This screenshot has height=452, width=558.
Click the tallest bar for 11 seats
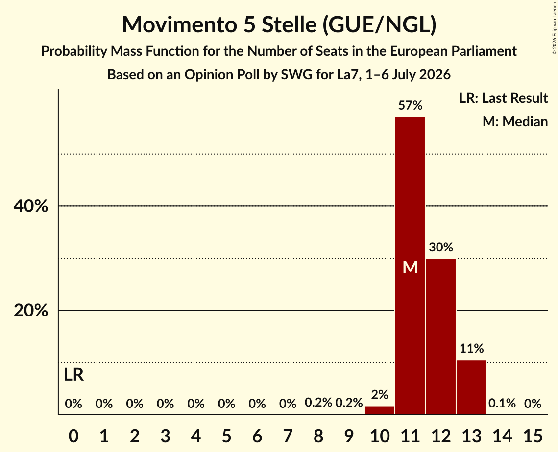[410, 266]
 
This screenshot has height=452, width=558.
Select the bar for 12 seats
[440, 337]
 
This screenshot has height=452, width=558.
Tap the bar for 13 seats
[471, 387]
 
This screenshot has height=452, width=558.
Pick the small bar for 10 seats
[379, 410]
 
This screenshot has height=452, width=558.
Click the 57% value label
[411, 105]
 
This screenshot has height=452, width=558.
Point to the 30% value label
[441, 247]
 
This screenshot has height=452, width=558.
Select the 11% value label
[471, 349]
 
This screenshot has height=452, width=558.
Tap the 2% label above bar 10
[380, 394]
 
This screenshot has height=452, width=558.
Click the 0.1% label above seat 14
[502, 403]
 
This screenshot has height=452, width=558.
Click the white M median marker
[411, 267]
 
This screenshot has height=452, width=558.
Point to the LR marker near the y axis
[73, 375]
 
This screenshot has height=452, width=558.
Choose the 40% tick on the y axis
[31, 206]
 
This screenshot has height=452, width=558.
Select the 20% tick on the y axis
[31, 311]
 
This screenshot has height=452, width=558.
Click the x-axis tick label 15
[533, 436]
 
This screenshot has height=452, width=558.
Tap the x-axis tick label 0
[73, 436]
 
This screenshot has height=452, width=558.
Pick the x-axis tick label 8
[318, 436]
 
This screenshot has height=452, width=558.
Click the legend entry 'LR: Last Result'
[503, 98]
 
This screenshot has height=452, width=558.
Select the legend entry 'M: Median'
[515, 121]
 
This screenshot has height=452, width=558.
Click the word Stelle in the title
[289, 24]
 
